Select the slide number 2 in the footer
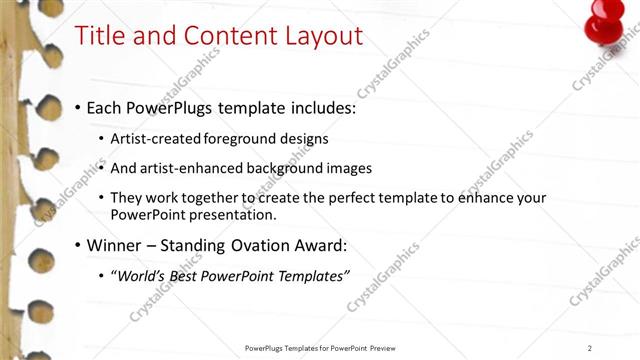coord(590,347)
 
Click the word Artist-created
coord(153,138)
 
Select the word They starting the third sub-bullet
coord(127,198)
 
